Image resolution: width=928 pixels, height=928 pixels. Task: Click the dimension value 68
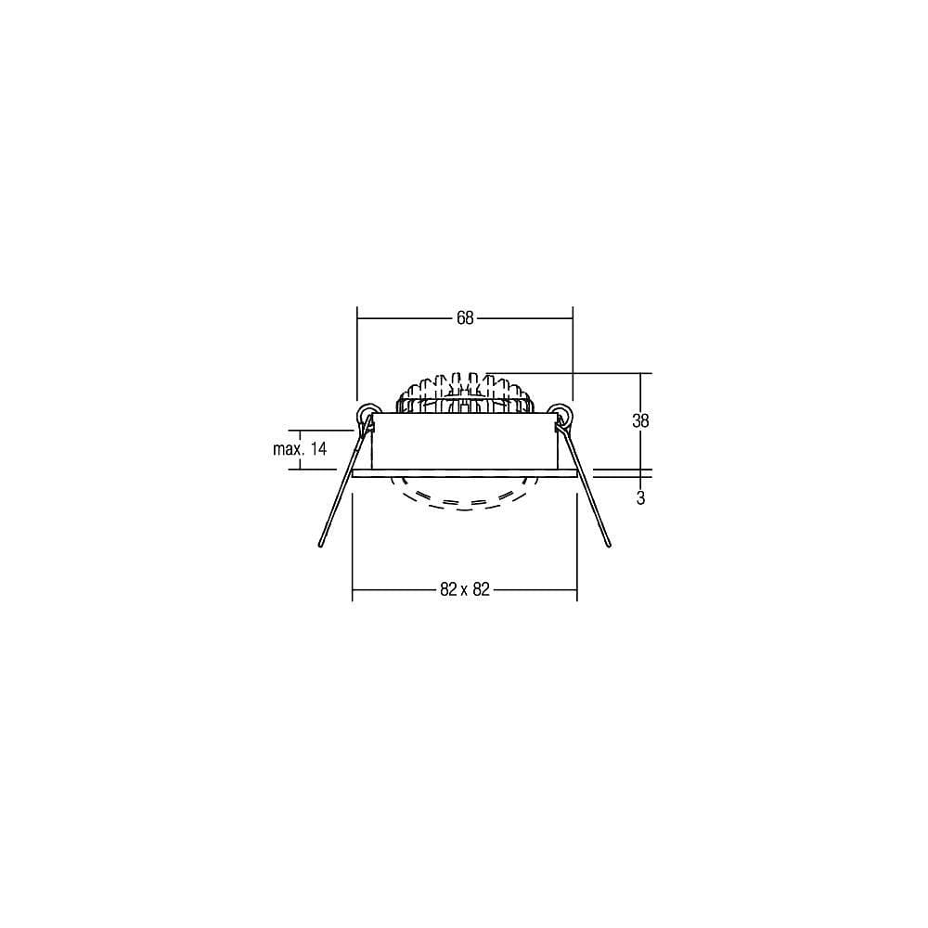tap(465, 318)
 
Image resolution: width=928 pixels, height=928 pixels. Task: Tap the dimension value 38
tap(640, 420)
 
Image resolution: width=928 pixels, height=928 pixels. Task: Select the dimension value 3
tap(640, 498)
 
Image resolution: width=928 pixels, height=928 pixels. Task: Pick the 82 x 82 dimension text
tap(465, 589)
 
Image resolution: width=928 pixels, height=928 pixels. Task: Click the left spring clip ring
tap(368, 413)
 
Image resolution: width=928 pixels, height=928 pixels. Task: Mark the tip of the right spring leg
tap(609, 544)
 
